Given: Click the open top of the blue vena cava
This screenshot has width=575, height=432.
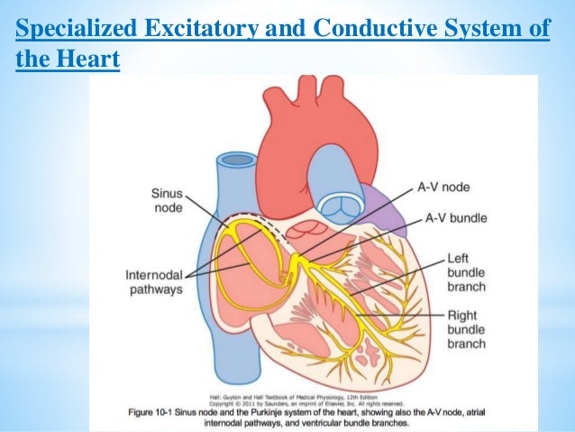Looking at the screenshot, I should click(x=238, y=161).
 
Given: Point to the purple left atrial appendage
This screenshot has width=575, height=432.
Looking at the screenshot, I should click(x=383, y=216).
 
